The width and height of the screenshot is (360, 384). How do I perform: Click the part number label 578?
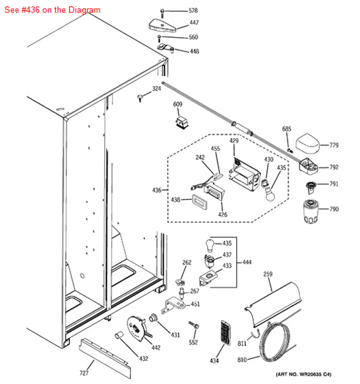[x=193, y=10]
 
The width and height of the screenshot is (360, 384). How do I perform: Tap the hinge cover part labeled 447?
[x=162, y=25]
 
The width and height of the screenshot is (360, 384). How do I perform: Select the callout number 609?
[x=178, y=104]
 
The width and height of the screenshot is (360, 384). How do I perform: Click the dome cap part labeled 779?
[x=308, y=144]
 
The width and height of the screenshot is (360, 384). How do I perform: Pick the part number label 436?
[x=157, y=190]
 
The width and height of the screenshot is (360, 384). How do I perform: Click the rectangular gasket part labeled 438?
[x=200, y=202]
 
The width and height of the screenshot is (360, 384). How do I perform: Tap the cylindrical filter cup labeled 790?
[x=310, y=212]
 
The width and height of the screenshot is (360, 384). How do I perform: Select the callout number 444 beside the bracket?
[x=247, y=263]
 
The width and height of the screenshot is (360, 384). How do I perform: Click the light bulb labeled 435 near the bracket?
[x=210, y=246]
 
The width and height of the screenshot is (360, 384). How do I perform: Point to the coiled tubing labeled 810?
[x=275, y=342]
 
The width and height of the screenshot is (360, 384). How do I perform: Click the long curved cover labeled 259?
[x=273, y=304]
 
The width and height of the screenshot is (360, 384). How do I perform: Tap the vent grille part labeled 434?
[x=226, y=332]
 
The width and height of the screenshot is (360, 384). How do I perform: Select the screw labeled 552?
[x=194, y=325]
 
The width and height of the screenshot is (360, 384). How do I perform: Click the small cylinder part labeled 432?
[x=119, y=335]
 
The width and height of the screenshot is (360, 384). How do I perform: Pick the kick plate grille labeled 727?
[x=105, y=358]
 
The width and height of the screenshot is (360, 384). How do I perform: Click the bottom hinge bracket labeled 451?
[x=173, y=305]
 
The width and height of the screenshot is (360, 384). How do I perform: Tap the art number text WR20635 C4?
[x=303, y=374]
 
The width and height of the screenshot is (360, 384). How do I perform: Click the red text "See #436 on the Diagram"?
[x=52, y=10]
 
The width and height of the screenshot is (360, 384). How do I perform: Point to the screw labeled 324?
[x=141, y=98]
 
